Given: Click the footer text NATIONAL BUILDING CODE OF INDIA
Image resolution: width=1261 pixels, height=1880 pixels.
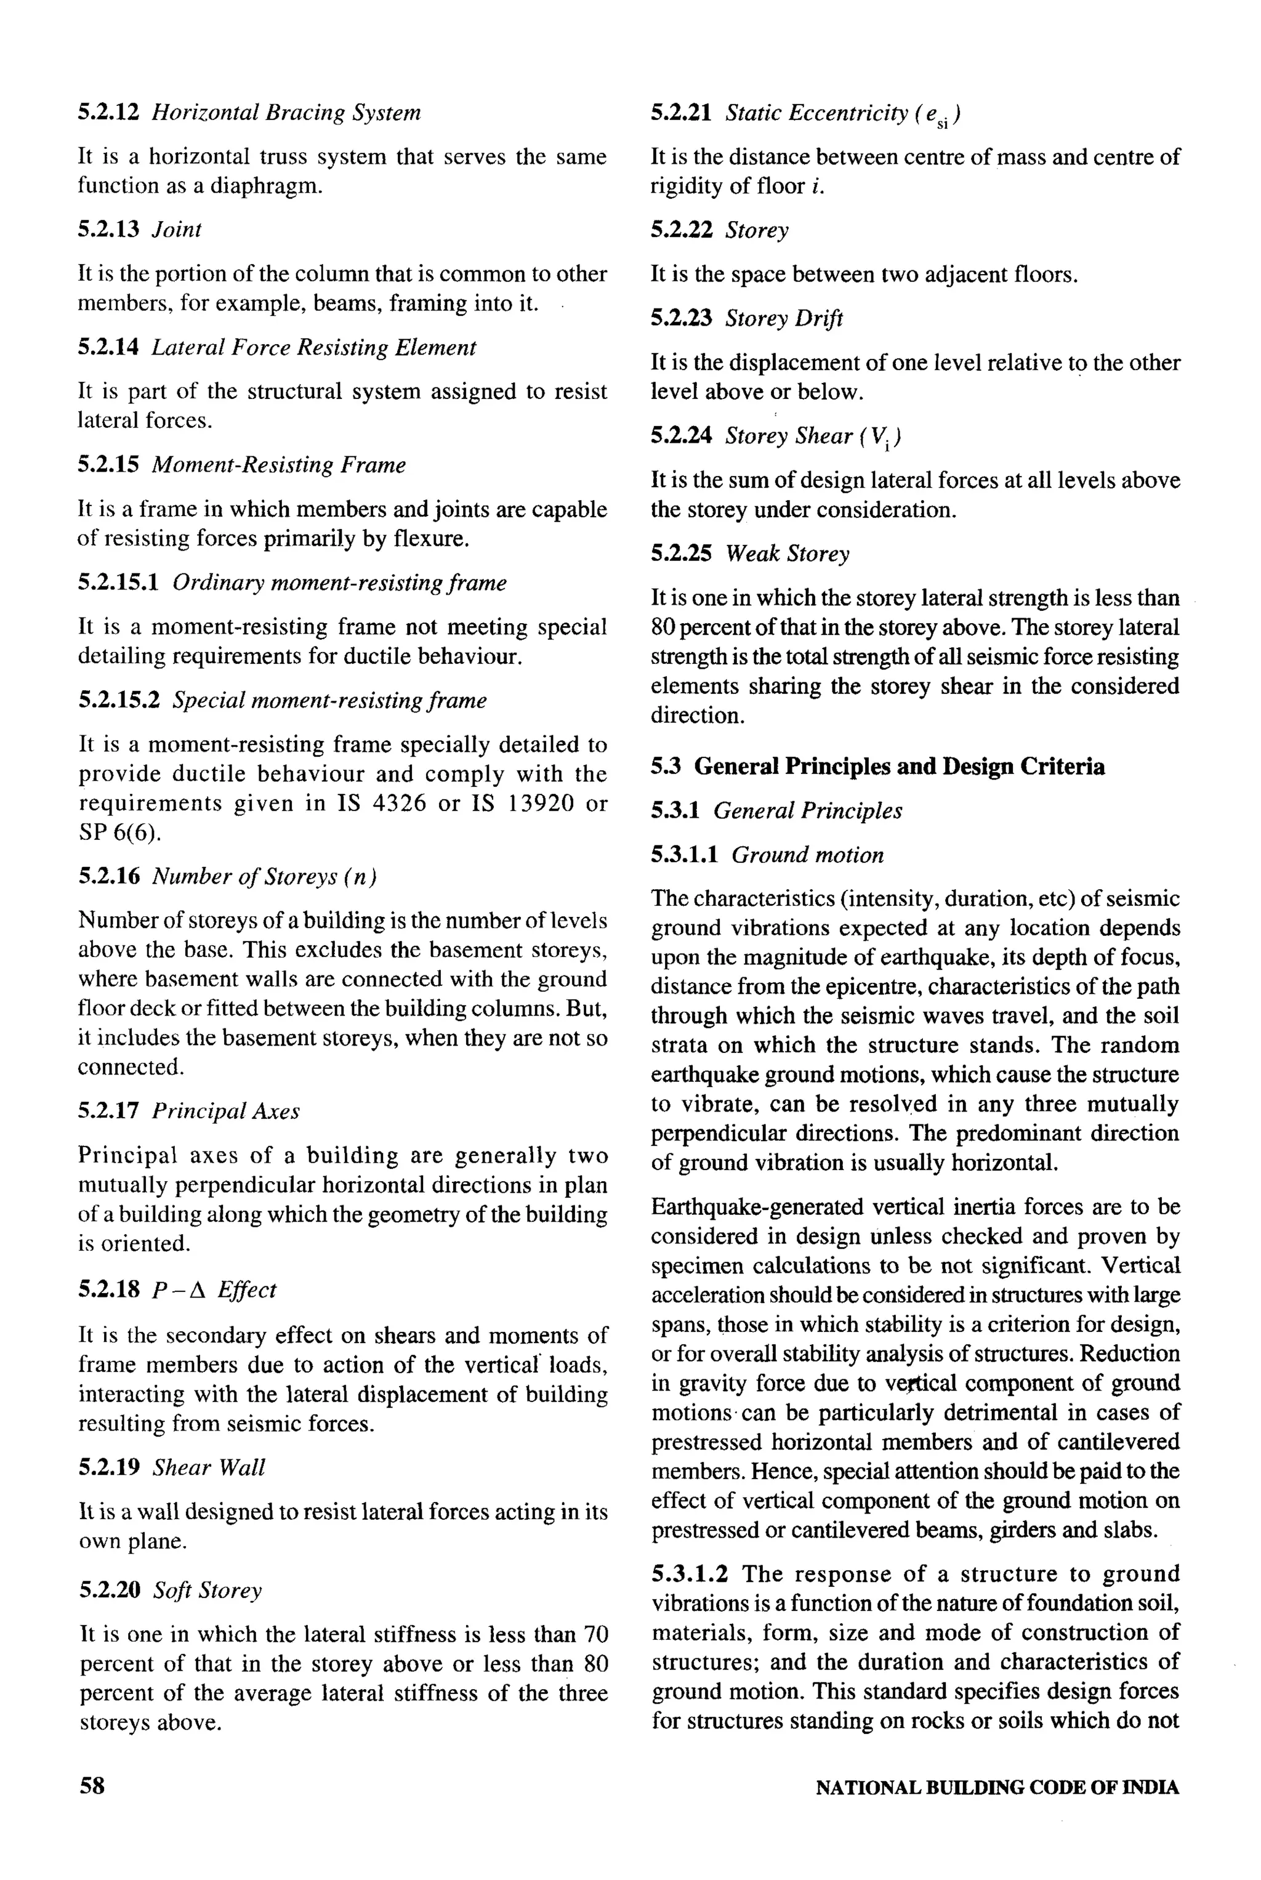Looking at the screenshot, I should [x=997, y=1788].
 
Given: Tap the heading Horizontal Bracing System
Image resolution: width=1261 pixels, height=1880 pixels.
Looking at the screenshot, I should [x=286, y=112].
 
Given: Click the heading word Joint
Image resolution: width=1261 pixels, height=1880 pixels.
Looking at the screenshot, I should [x=176, y=229].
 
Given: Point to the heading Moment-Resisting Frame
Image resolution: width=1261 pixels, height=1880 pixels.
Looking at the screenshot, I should [x=278, y=465].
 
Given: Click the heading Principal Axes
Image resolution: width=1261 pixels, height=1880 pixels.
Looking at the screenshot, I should [x=225, y=1111].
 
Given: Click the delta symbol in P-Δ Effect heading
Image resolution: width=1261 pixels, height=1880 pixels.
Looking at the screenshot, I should [x=199, y=1290].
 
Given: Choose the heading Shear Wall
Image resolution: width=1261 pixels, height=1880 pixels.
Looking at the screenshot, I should [x=208, y=1467].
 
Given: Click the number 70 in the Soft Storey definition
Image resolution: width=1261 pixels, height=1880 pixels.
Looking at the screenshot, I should [x=594, y=1635].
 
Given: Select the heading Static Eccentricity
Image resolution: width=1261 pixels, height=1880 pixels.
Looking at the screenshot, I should [x=816, y=113].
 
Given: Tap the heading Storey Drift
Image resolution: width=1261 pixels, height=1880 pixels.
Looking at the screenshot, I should [x=783, y=318].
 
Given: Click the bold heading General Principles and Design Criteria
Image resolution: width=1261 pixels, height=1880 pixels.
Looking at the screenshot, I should [x=899, y=766].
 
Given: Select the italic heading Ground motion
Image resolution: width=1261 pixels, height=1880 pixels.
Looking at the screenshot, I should [x=807, y=854].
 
